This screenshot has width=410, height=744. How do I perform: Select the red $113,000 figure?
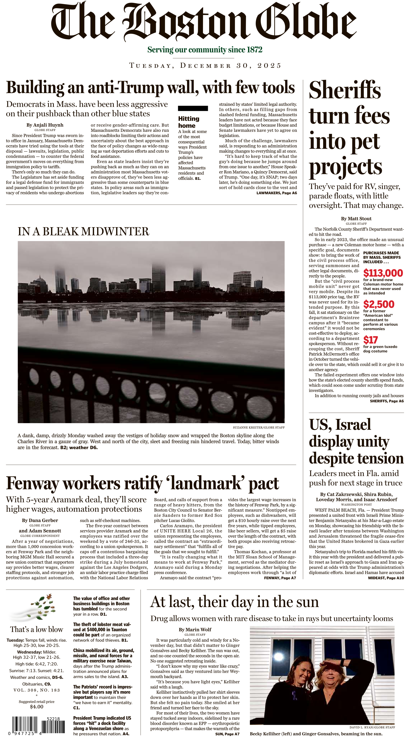(x=383, y=273)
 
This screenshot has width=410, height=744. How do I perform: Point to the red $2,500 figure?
(x=378, y=304)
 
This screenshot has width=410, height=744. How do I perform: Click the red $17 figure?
(x=371, y=340)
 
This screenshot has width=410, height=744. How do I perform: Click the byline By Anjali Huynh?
(x=45, y=125)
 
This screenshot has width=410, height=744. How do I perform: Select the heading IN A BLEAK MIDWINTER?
(x=83, y=232)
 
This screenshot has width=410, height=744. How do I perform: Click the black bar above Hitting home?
(x=193, y=108)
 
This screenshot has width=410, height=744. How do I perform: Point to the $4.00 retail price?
(x=37, y=707)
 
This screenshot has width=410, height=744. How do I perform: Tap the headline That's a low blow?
(x=37, y=630)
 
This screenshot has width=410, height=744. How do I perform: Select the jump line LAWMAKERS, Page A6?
(x=276, y=193)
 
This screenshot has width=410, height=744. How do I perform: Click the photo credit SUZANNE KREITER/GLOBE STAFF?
(x=259, y=428)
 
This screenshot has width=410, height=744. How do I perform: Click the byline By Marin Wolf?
(x=195, y=630)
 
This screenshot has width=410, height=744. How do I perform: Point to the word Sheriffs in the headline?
(x=345, y=90)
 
